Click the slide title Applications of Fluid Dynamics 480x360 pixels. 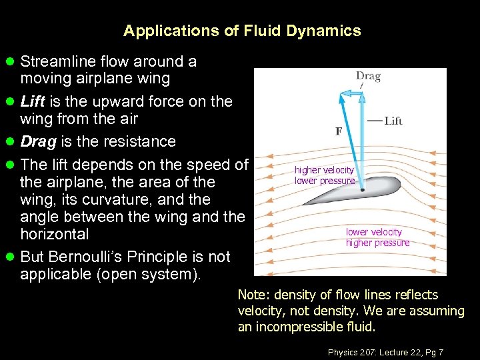tap(242, 31)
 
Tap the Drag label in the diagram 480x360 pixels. tap(368, 76)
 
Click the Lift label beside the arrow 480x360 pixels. tap(393, 121)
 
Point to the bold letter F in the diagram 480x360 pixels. tap(339, 131)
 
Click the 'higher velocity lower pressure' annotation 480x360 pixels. tap(325, 175)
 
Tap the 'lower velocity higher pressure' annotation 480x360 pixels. tap(377, 237)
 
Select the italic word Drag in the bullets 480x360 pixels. tap(36, 141)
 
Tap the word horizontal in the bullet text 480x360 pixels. tap(54, 234)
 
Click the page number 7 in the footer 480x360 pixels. tap(441, 352)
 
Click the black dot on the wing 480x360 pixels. tap(361, 190)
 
